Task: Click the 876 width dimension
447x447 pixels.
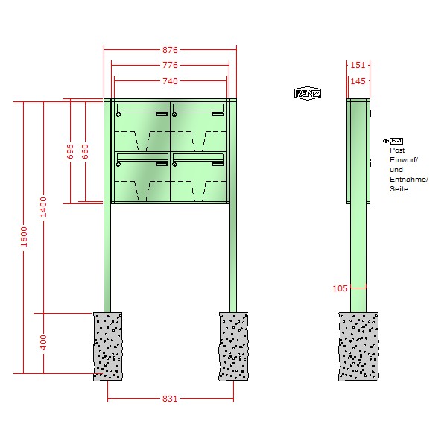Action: pos(170,50)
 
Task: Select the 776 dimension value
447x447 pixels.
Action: pos(170,65)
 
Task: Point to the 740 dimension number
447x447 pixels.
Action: pos(170,81)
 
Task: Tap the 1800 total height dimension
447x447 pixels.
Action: pos(24,237)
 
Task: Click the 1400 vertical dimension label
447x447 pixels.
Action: pos(43,206)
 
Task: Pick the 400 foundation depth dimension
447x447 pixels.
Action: pos(43,343)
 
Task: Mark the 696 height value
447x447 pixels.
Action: pos(70,151)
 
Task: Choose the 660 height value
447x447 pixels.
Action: pos(85,151)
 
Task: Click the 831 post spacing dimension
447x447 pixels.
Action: pos(170,399)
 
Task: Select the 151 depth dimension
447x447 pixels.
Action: pos(358,65)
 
